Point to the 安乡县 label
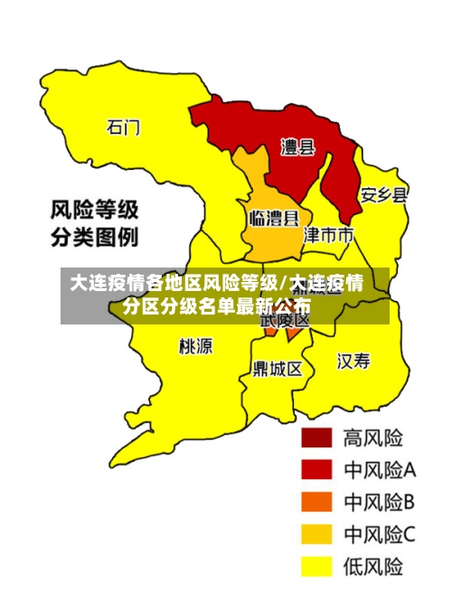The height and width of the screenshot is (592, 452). click(384, 194)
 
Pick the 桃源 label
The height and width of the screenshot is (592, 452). click(196, 346)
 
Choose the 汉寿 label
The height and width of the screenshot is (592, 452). click(353, 362)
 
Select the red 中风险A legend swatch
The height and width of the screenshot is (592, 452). click(316, 469)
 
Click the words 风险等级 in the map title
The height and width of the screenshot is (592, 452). click(94, 211)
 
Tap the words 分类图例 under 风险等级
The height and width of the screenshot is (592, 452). click(94, 240)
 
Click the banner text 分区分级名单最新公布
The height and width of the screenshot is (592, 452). click(217, 305)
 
